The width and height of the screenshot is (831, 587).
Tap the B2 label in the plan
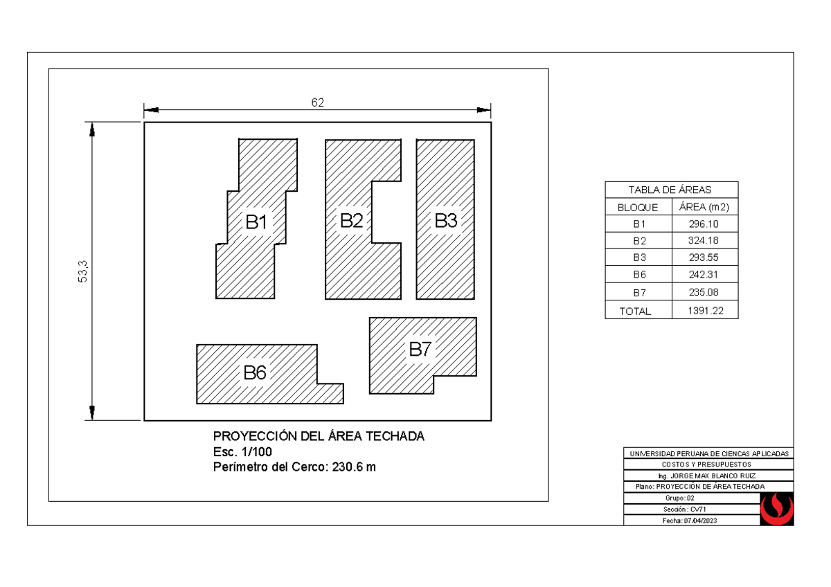[x=351, y=221]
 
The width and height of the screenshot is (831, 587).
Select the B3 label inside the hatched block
[x=446, y=221]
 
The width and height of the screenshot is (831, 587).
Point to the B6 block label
[x=254, y=373]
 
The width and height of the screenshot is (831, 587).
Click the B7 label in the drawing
[x=420, y=350]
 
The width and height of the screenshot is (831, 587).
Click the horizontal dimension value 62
[x=317, y=102]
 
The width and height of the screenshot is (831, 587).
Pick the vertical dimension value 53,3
[x=84, y=271]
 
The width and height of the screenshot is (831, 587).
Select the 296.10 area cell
[x=704, y=224]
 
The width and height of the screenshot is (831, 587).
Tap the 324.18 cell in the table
[x=704, y=241]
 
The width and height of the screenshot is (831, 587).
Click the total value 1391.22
[x=705, y=311]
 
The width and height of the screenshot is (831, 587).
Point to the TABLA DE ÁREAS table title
[x=670, y=190]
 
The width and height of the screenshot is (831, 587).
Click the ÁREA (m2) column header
[x=704, y=207]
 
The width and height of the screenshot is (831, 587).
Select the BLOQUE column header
[x=638, y=207]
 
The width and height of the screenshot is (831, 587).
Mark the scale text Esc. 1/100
[x=242, y=452]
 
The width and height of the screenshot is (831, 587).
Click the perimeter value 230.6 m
[x=354, y=467]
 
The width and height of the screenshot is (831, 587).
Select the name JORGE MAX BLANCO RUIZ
[x=713, y=476]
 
